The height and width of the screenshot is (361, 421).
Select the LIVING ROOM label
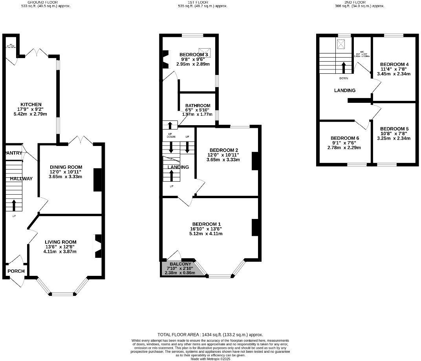point(60,242)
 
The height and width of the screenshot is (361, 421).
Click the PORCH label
point(16,271)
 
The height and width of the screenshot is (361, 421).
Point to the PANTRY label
point(13,153)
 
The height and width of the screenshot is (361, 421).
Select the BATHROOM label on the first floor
point(198,106)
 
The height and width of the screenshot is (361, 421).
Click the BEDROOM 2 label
point(224,150)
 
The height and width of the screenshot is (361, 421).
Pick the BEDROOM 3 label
point(193,55)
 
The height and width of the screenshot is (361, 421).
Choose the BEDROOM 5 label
point(394,129)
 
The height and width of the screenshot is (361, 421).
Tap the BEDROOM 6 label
point(345,138)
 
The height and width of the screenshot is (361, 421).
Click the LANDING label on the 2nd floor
point(344,90)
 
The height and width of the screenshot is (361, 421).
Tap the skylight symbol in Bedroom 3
point(202,51)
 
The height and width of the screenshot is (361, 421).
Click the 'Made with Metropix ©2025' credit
point(210,359)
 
